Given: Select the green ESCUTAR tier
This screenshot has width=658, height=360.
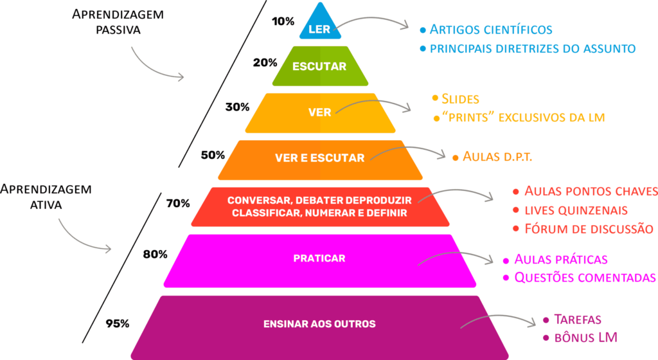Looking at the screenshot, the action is click(320, 66).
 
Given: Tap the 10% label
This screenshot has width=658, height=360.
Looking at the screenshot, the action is click(283, 21).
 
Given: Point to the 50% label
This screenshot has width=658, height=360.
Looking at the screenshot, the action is click(213, 155).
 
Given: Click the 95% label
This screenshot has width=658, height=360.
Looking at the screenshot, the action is click(118, 323).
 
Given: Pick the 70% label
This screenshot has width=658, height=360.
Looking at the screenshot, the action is click(178, 204).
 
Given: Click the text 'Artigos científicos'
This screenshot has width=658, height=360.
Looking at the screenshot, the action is click(491, 30).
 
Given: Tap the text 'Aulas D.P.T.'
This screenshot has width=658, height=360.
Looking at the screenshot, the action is click(497, 156).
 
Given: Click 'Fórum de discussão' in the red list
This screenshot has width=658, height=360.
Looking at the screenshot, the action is click(589, 229).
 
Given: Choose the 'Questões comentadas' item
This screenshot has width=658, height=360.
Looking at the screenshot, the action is click(585, 277).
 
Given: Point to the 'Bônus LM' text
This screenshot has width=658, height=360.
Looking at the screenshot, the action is click(586, 337).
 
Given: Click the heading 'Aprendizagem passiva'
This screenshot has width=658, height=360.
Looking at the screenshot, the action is click(118, 22).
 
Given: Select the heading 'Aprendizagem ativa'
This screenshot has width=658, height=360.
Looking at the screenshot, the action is click(46, 197).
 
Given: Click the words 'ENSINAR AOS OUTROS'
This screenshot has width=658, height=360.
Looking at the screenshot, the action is click(319, 324).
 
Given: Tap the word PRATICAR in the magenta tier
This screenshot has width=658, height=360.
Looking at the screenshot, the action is click(319, 258).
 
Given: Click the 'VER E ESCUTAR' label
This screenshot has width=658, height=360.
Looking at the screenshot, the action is click(320, 157).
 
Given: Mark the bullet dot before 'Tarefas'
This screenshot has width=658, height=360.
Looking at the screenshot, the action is click(546, 320).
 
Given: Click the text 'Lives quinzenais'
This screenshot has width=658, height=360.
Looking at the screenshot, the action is click(576, 210).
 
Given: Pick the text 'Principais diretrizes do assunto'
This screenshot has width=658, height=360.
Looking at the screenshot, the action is click(533, 49).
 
